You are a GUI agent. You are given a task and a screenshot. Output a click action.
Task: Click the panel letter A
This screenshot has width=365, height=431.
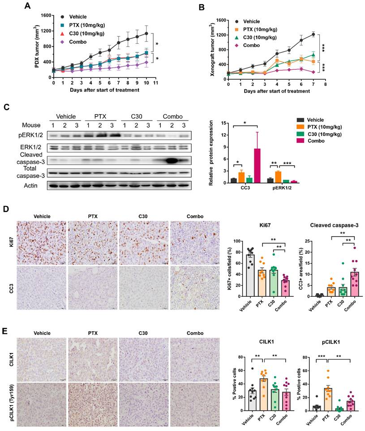[x=28, y=6]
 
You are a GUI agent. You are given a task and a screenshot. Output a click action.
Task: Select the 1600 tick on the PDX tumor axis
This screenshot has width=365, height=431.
[x=45, y=15]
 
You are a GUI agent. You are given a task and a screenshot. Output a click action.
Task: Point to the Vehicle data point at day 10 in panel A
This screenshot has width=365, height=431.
[x=146, y=33]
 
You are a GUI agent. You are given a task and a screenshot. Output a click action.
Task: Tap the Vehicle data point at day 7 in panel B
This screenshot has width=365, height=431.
[x=313, y=34]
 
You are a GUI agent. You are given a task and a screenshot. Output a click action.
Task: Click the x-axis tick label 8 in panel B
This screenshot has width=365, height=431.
[x=326, y=84]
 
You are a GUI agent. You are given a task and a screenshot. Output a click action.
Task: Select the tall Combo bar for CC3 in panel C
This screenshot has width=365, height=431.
[x=257, y=161]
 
